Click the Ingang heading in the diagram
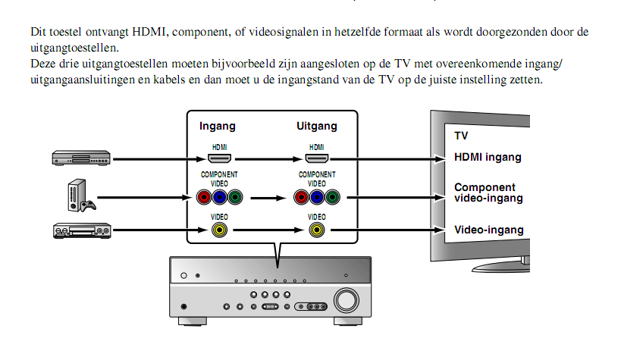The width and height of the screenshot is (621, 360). pos(218,127)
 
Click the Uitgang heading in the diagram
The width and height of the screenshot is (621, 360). pos(316,127)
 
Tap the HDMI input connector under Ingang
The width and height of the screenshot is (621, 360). pos(219,158)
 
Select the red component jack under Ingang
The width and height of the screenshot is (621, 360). pos(203,199)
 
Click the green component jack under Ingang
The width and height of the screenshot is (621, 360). pos(234,199)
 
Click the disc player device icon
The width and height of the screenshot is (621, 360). pos(81,158)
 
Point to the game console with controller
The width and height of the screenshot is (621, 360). pos(78,196)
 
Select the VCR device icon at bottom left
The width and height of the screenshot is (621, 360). pos(81,230)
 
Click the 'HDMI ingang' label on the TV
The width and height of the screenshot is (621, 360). pos(488,158)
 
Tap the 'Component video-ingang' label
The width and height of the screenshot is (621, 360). pos(488,193)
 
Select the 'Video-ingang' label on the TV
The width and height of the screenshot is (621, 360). pos(488,230)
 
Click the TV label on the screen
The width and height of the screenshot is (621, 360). pos(461,136)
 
